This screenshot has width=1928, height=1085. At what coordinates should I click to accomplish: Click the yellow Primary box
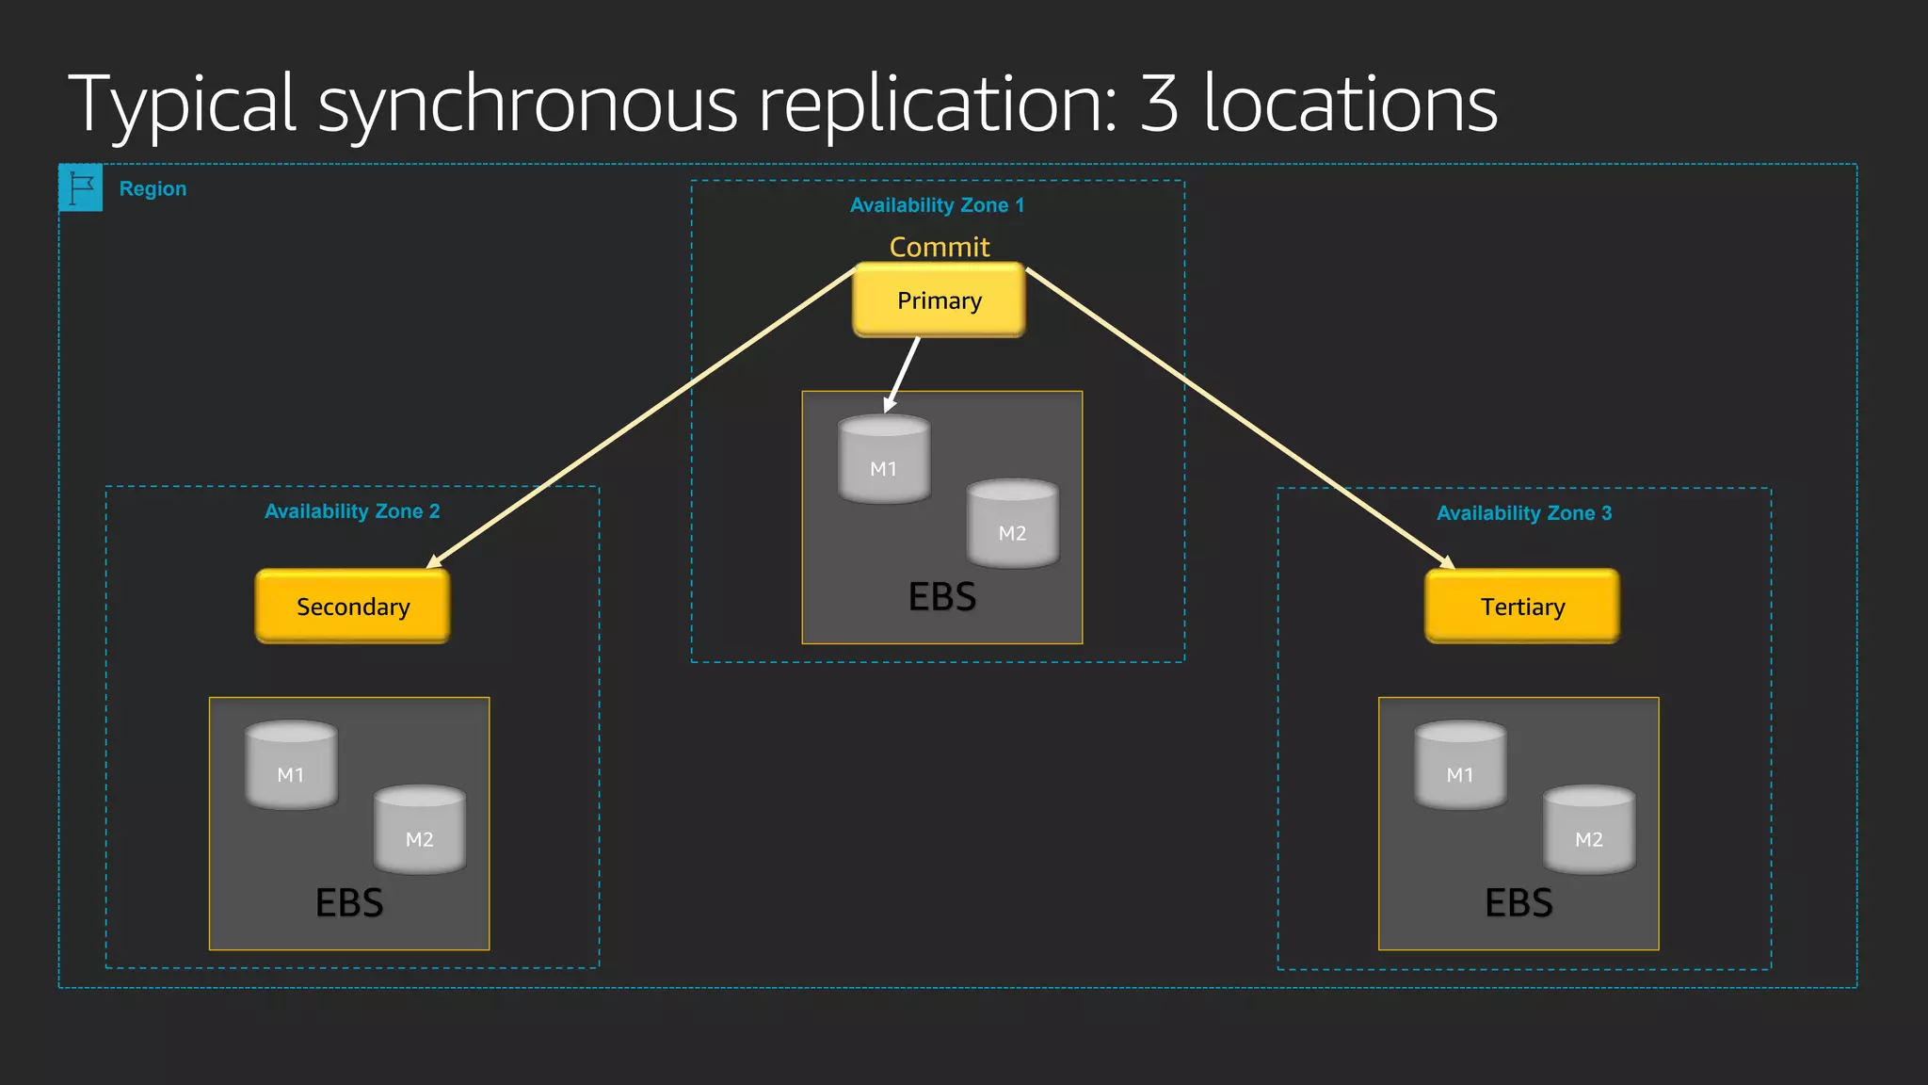pyautogui.click(x=939, y=300)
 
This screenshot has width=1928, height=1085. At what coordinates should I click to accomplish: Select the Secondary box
pyautogui.click(x=352, y=607)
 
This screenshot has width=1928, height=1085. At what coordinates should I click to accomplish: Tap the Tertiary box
pyautogui.click(x=1521, y=607)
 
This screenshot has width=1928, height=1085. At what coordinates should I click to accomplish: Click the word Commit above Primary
pyautogui.click(x=939, y=247)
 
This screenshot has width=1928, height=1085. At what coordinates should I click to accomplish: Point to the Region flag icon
pyautogui.click(x=81, y=187)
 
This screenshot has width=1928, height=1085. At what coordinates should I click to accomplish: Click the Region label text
pyautogui.click(x=153, y=188)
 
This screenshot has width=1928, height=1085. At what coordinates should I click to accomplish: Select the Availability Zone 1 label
pyautogui.click(x=937, y=205)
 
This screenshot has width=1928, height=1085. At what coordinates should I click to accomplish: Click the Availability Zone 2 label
pyautogui.click(x=352, y=511)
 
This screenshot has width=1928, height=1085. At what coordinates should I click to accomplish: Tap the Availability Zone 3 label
pyautogui.click(x=1523, y=513)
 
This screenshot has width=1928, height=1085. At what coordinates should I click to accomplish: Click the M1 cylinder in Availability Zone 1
pyautogui.click(x=883, y=460)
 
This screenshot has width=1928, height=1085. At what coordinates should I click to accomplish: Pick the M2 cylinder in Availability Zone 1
pyautogui.click(x=1012, y=524)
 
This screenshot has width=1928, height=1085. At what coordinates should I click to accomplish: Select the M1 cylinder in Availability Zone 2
pyautogui.click(x=291, y=766)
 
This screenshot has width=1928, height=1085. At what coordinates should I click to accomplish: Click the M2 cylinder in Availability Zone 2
pyautogui.click(x=420, y=830)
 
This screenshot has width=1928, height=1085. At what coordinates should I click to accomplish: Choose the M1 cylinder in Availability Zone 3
pyautogui.click(x=1460, y=766)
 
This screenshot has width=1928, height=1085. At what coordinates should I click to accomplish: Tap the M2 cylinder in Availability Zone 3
pyautogui.click(x=1589, y=830)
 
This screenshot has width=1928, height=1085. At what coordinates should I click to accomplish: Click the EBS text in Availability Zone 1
pyautogui.click(x=941, y=597)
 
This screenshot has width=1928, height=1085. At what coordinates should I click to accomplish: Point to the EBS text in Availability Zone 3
pyautogui.click(x=1518, y=903)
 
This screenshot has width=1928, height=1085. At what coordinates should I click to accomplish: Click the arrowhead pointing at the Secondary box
pyautogui.click(x=434, y=562)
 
